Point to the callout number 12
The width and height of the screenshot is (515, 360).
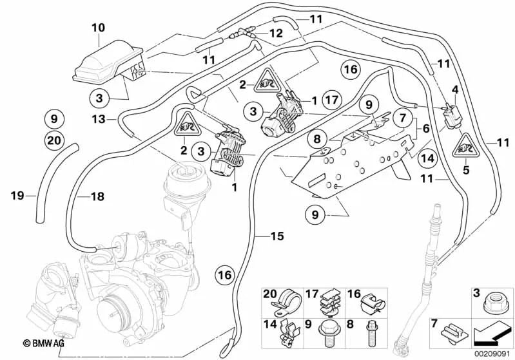point(276,33)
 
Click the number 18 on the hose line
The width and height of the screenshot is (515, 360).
point(96,197)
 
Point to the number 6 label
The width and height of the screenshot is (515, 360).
point(427,129)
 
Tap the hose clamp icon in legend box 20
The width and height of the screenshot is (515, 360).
point(281,302)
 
